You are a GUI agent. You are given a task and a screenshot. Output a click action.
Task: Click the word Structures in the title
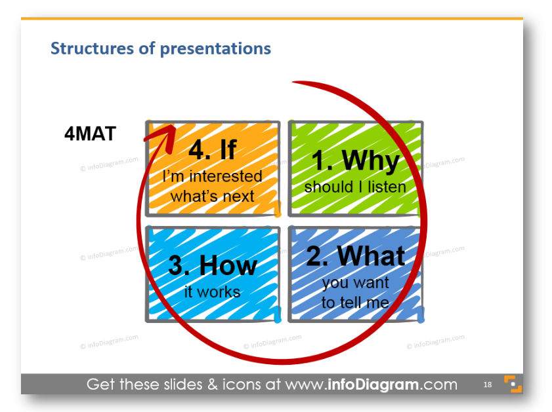coord(93,48)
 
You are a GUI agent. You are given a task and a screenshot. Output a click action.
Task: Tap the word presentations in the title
coord(215,49)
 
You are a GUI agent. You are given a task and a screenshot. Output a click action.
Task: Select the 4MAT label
coord(90,134)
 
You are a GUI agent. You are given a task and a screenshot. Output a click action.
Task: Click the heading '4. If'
coord(212,149)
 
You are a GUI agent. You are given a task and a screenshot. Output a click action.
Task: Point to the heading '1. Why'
coord(356,160)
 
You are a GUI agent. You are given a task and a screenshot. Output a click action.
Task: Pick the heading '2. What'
coord(356,255)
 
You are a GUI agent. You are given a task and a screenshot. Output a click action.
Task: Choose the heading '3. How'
coord(213,265)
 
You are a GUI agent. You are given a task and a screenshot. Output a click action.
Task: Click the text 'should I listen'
coord(355,187)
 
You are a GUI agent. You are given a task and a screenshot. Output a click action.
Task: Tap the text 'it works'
coord(212,292)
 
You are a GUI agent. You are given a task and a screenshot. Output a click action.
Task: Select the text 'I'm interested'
coord(212,176)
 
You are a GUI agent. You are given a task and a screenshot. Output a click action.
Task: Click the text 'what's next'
coord(212,196)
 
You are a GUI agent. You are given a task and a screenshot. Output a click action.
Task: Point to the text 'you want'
coord(356,283)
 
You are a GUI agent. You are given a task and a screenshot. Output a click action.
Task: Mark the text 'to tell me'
coord(355,303)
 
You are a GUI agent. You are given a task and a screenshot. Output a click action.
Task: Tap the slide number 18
coord(488,384)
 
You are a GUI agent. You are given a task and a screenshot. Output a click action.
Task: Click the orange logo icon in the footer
coord(513,384)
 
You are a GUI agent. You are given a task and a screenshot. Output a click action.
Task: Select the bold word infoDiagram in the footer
coord(373,384)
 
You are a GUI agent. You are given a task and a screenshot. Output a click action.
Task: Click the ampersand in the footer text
coord(213,384)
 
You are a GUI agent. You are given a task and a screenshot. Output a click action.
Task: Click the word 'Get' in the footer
coord(101,384)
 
